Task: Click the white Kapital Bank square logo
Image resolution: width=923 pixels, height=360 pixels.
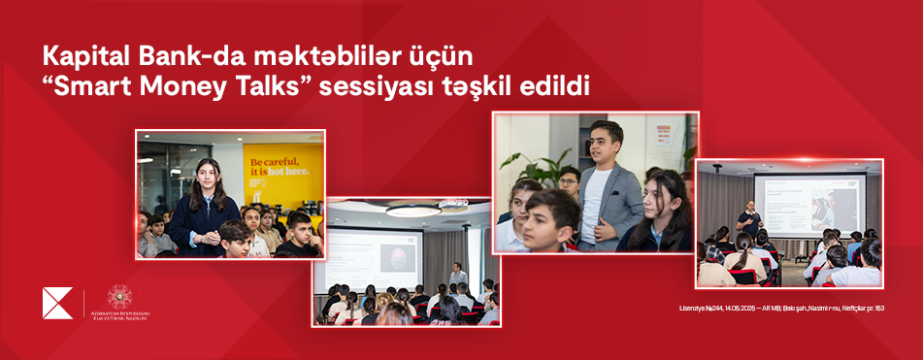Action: tap(57, 303)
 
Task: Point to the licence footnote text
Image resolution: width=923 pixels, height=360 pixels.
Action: tap(781, 309)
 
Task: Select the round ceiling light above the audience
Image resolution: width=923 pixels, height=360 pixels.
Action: tap(413, 210)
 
